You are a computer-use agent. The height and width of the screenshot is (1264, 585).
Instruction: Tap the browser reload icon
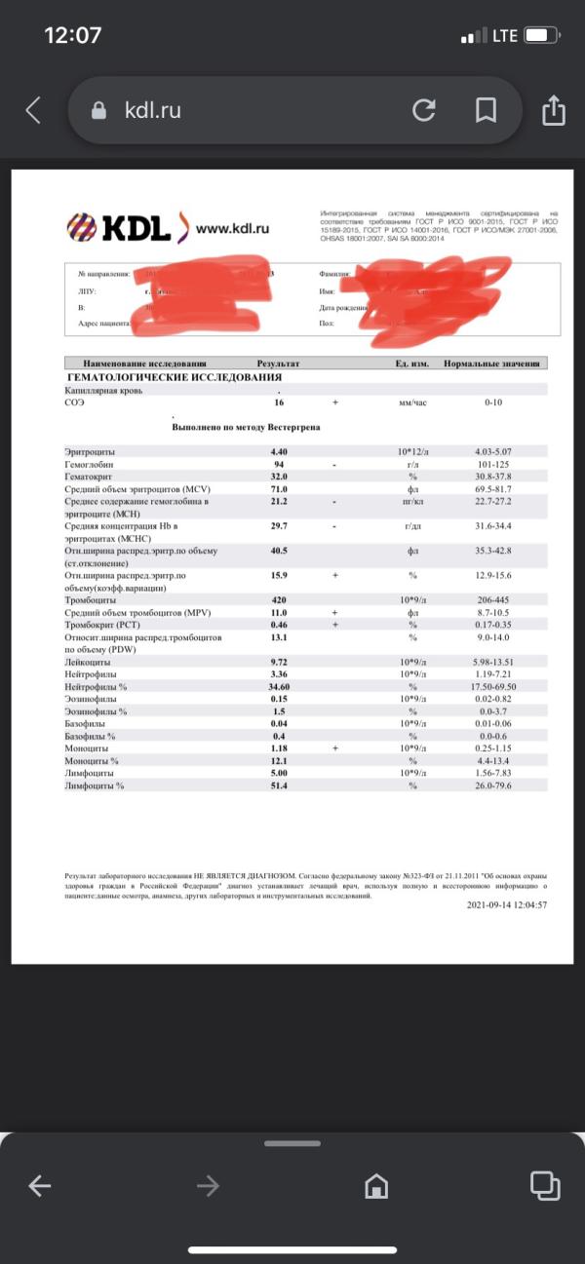(424, 110)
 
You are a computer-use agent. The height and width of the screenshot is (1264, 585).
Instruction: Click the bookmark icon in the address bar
(486, 110)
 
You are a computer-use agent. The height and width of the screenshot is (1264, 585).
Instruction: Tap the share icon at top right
(553, 109)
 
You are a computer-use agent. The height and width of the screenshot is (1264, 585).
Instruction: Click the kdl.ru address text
(152, 111)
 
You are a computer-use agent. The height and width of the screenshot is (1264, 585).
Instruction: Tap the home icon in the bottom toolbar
(375, 1186)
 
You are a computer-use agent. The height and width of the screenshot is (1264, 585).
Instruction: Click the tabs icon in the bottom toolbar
(542, 1185)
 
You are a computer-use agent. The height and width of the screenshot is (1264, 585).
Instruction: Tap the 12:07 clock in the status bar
(73, 35)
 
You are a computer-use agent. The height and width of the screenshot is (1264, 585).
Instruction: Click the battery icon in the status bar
(541, 36)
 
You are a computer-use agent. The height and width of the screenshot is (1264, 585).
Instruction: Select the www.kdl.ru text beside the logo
(232, 229)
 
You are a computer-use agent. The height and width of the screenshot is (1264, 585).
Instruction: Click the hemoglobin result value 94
(278, 465)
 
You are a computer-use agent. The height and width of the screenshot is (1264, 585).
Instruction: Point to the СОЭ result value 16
(279, 402)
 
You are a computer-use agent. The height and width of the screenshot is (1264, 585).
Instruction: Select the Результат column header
(279, 364)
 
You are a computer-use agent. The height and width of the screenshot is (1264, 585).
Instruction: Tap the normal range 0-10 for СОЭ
(493, 402)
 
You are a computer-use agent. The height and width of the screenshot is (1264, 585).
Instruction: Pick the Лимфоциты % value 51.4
(279, 785)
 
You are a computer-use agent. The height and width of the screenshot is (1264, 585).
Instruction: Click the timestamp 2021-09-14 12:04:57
(507, 904)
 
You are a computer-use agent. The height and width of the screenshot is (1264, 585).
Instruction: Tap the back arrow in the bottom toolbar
(40, 1186)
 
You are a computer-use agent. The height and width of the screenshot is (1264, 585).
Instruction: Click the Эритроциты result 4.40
(279, 452)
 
